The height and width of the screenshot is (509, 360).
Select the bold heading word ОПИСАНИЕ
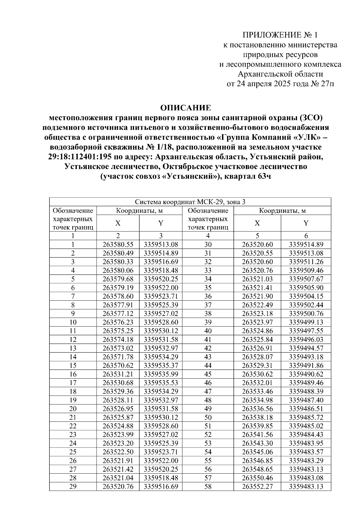(x=186, y=108)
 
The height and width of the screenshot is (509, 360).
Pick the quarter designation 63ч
(x=264, y=176)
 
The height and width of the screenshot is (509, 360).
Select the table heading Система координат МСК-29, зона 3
(x=190, y=202)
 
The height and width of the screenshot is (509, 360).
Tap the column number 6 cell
(x=306, y=236)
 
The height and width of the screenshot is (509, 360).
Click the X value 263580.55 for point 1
(x=118, y=245)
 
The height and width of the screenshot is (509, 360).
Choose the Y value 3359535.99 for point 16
(x=161, y=374)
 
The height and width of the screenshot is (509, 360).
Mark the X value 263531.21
(x=118, y=374)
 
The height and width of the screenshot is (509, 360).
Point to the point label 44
(x=208, y=365)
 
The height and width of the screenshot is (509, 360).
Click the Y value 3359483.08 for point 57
(x=306, y=478)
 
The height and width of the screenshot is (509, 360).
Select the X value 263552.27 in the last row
(x=257, y=486)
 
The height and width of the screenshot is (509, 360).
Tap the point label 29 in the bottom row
(x=73, y=486)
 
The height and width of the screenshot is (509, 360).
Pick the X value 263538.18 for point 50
(x=257, y=417)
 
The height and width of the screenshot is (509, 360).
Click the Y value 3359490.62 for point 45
(x=306, y=374)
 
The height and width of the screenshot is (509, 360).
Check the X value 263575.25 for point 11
(x=118, y=331)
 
